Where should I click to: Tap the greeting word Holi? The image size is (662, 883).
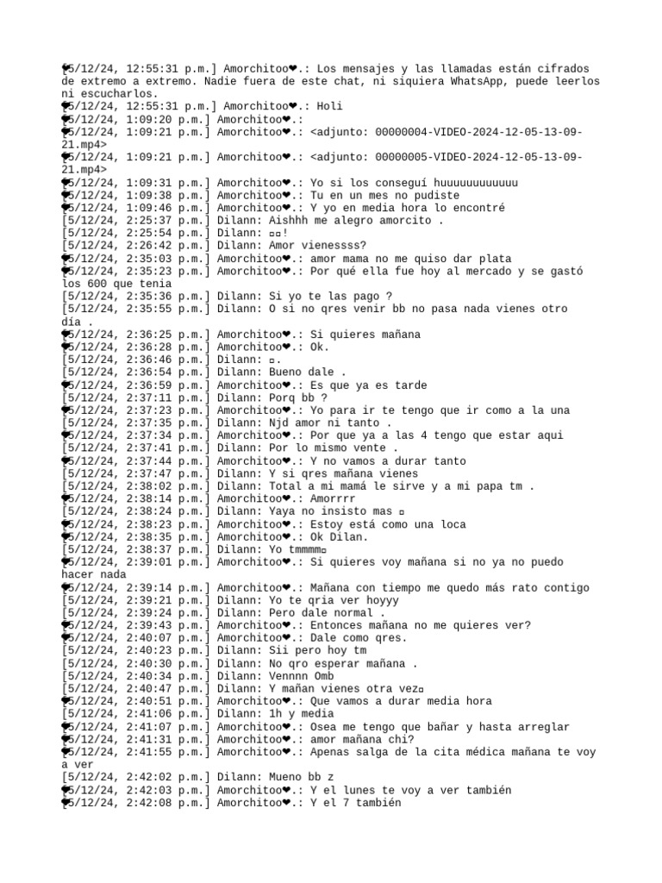(x=328, y=106)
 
